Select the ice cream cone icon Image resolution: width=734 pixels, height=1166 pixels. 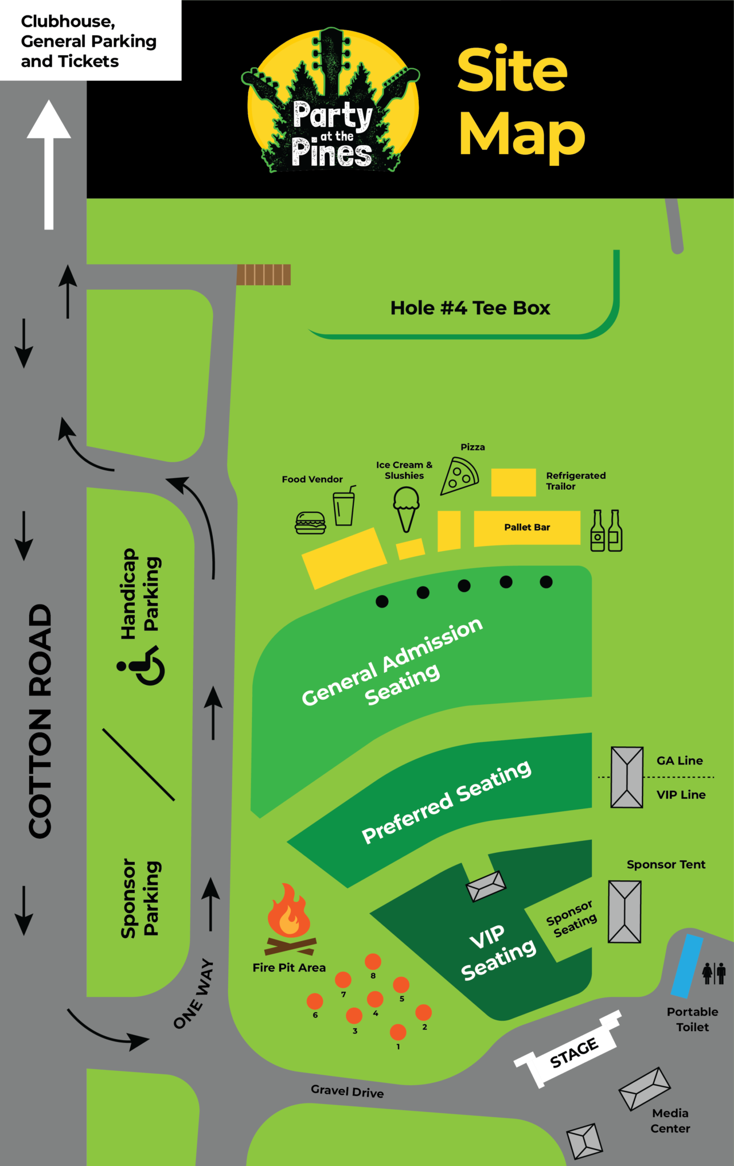pyautogui.click(x=406, y=509)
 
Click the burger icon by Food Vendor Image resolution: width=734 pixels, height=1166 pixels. pyautogui.click(x=310, y=522)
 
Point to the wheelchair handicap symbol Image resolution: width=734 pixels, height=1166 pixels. pyautogui.click(x=144, y=665)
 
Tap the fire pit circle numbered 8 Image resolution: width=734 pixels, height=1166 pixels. pyautogui.click(x=373, y=962)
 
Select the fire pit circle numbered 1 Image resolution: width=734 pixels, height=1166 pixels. pyautogui.click(x=398, y=1032)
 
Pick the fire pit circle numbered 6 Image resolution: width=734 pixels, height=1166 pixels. pyautogui.click(x=315, y=1001)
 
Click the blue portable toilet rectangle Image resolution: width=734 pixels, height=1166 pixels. pyautogui.click(x=687, y=966)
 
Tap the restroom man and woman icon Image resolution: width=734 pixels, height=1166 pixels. pyautogui.click(x=714, y=973)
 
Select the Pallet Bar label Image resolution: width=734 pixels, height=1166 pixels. pyautogui.click(x=527, y=527)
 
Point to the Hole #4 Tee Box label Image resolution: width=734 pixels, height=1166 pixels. pyautogui.click(x=470, y=308)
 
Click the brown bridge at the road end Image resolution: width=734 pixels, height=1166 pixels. pyautogui.click(x=263, y=274)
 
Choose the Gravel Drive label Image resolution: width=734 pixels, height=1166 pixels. pyautogui.click(x=347, y=1091)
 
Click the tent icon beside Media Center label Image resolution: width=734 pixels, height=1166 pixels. pyautogui.click(x=644, y=1088)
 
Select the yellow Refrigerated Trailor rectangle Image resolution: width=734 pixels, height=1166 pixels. pyautogui.click(x=513, y=482)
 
